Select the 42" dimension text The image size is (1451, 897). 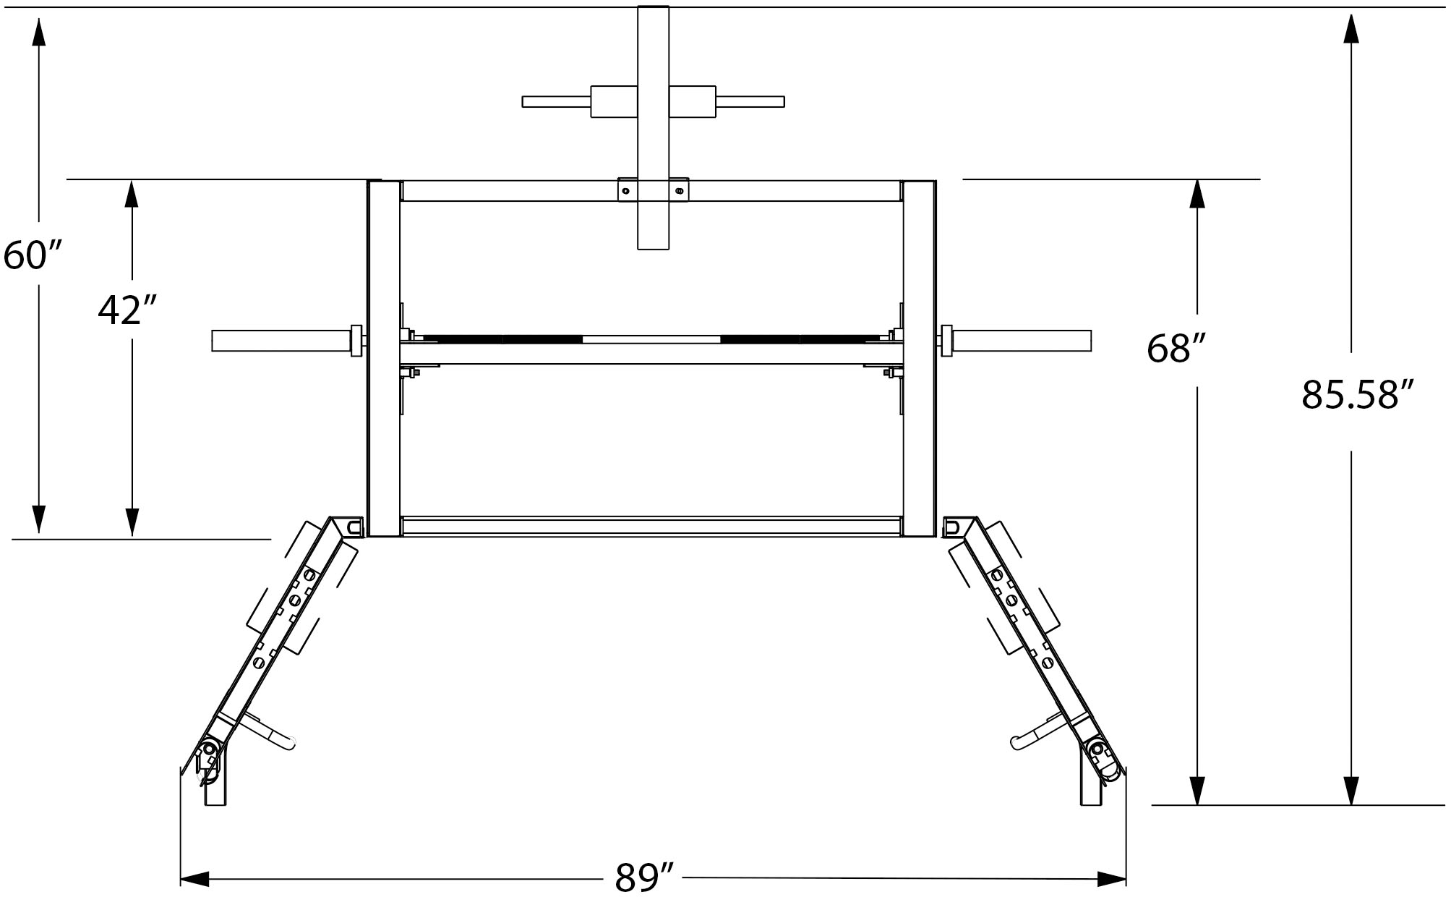tap(128, 310)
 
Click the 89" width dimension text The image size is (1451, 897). tap(644, 877)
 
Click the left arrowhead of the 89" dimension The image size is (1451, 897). tap(194, 879)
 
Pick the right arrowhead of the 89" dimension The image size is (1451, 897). tap(1112, 879)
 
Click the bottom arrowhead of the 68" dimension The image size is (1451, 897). tap(1197, 790)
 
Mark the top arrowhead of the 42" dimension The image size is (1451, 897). tap(132, 194)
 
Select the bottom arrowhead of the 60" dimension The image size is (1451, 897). tap(38, 519)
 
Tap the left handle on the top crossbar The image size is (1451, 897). tap(557, 101)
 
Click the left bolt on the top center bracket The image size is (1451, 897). tap(626, 191)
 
